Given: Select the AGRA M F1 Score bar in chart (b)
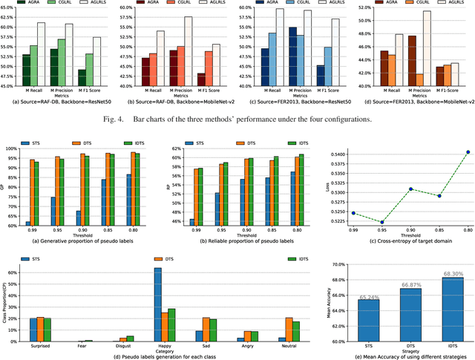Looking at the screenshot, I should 200,79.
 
